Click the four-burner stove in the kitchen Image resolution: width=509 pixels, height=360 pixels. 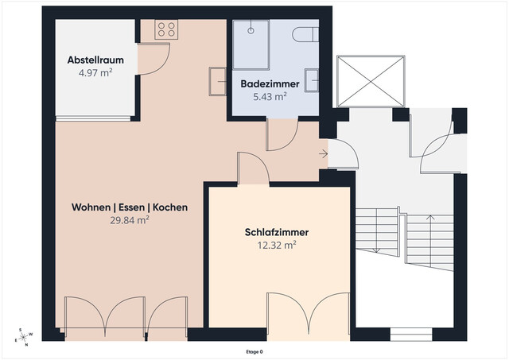click(x=166, y=29)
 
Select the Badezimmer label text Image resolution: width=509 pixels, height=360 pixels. click(x=270, y=83)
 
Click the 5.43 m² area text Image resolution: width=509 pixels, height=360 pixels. click(x=270, y=96)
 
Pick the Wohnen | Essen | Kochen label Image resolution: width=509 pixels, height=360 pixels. click(x=130, y=207)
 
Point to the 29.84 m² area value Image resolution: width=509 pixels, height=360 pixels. click(x=130, y=221)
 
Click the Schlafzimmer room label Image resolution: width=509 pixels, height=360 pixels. click(x=276, y=233)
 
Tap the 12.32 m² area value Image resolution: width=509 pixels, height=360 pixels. click(x=276, y=246)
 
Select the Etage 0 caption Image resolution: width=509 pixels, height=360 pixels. click(x=254, y=351)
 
